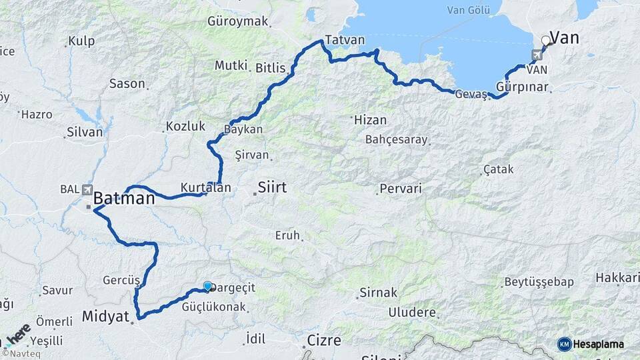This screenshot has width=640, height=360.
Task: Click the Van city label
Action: (x=564, y=38)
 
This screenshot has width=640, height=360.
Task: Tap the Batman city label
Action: (x=124, y=198)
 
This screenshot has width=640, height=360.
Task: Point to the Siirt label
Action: (x=272, y=187)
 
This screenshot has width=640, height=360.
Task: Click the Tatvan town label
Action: (x=345, y=40)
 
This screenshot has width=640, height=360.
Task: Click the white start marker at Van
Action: (x=546, y=41)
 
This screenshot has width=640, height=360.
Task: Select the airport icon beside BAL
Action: (x=87, y=189)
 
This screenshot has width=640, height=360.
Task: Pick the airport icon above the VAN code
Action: (x=537, y=55)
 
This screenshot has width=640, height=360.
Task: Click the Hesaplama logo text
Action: (x=598, y=344)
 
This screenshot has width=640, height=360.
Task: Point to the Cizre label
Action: (x=324, y=340)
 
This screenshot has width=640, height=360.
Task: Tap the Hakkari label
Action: (x=617, y=277)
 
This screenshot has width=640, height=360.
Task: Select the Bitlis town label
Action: (x=270, y=68)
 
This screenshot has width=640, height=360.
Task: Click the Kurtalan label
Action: (x=205, y=188)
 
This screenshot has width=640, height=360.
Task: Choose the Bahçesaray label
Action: (x=396, y=140)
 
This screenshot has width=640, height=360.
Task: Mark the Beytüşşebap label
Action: (x=539, y=282)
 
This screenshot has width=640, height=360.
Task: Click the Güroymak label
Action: (x=238, y=21)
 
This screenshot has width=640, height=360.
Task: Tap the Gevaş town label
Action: (x=471, y=94)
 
